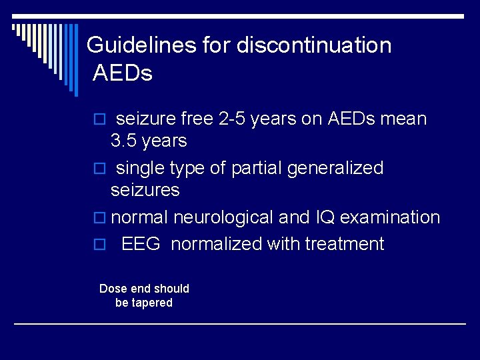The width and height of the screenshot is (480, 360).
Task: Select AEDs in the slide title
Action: click(123, 73)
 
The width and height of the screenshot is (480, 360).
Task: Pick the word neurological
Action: click(223, 218)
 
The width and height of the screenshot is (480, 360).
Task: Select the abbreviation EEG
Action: click(141, 245)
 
